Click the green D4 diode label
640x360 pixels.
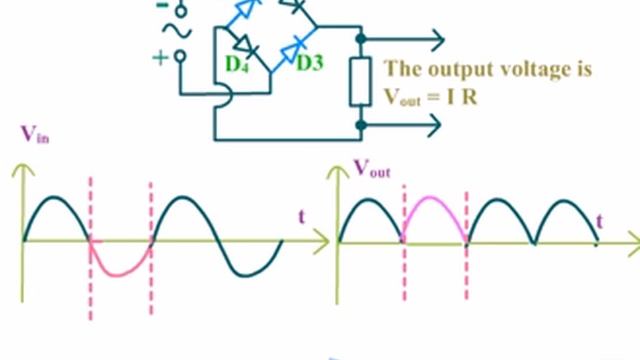237,64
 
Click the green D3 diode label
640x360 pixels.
310,62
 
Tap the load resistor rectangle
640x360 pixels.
360,82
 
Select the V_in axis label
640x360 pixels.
35,134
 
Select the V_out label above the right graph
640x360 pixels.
372,168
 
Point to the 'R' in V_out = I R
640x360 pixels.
469,97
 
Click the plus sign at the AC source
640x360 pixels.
160,58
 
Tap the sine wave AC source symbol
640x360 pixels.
178,31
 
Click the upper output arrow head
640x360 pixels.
437,40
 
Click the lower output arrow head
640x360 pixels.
433,125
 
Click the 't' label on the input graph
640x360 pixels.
302,216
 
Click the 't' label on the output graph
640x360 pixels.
599,222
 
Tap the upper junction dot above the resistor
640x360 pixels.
361,39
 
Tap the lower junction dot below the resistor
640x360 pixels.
361,125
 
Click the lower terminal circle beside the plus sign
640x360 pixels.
180,56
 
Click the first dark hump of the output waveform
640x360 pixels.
369,200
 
